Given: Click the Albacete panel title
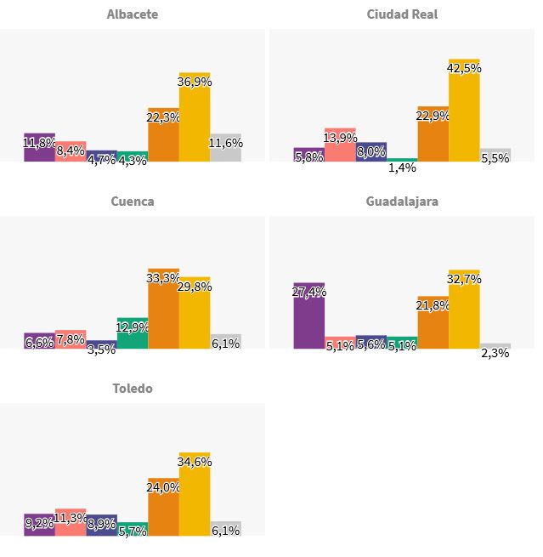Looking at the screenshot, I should click(133, 14).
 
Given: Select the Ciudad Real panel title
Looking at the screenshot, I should click(402, 14).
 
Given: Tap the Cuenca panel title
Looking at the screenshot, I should click(133, 202).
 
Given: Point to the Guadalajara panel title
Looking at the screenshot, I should click(402, 202).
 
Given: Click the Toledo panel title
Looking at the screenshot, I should click(133, 389).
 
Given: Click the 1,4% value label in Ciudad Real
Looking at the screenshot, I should click(402, 168).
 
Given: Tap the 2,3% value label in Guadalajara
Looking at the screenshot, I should click(495, 353).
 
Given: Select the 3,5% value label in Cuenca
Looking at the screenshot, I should click(101, 349).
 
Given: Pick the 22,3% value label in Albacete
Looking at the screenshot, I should click(163, 117).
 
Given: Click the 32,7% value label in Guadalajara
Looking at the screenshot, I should click(464, 279).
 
